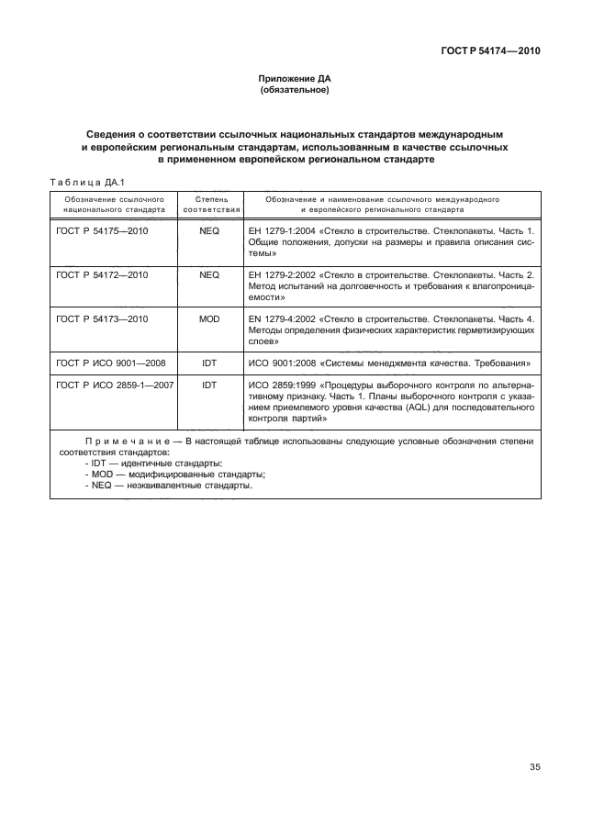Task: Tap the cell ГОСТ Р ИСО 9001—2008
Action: [x=110, y=362]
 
